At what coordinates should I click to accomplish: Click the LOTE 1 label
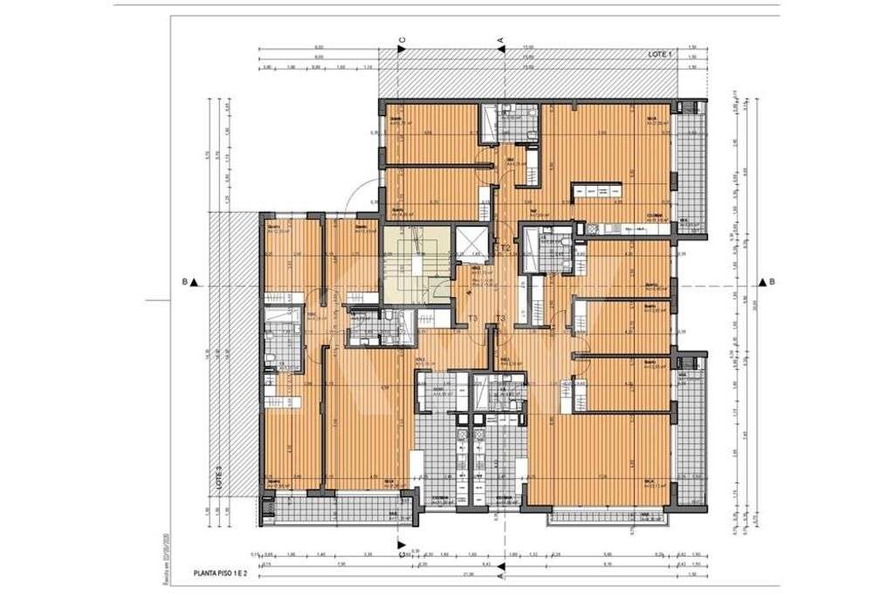click(661, 54)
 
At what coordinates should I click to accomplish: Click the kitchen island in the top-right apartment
click(597, 191)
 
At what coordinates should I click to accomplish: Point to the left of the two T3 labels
click(472, 319)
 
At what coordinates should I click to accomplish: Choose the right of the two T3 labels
click(500, 319)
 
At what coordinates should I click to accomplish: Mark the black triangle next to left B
click(198, 282)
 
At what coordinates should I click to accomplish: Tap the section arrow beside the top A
click(501, 50)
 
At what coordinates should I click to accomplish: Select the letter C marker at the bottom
click(402, 551)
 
